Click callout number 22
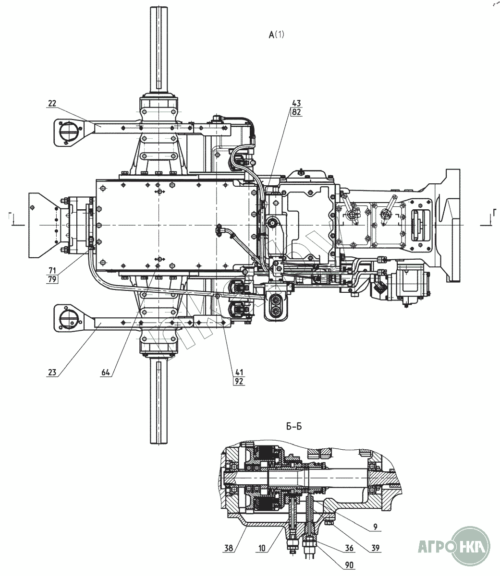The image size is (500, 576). click(x=52, y=104)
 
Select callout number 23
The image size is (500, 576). click(x=52, y=372)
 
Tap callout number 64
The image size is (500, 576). click(x=106, y=372)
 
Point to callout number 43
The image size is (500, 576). click(x=296, y=103)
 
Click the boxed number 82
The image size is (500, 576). click(x=296, y=112)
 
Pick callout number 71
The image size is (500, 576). click(x=52, y=271)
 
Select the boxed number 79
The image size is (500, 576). click(x=52, y=279)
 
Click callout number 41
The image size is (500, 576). click(x=238, y=372)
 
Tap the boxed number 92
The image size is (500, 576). click(x=239, y=382)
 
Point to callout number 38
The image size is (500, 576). click(x=229, y=548)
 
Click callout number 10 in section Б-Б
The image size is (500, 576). click(x=262, y=548)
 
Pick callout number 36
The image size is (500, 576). click(x=349, y=548)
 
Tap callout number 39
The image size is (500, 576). click(x=376, y=548)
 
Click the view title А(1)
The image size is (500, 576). click(x=276, y=35)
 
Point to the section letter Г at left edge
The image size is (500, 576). click(x=11, y=217)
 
